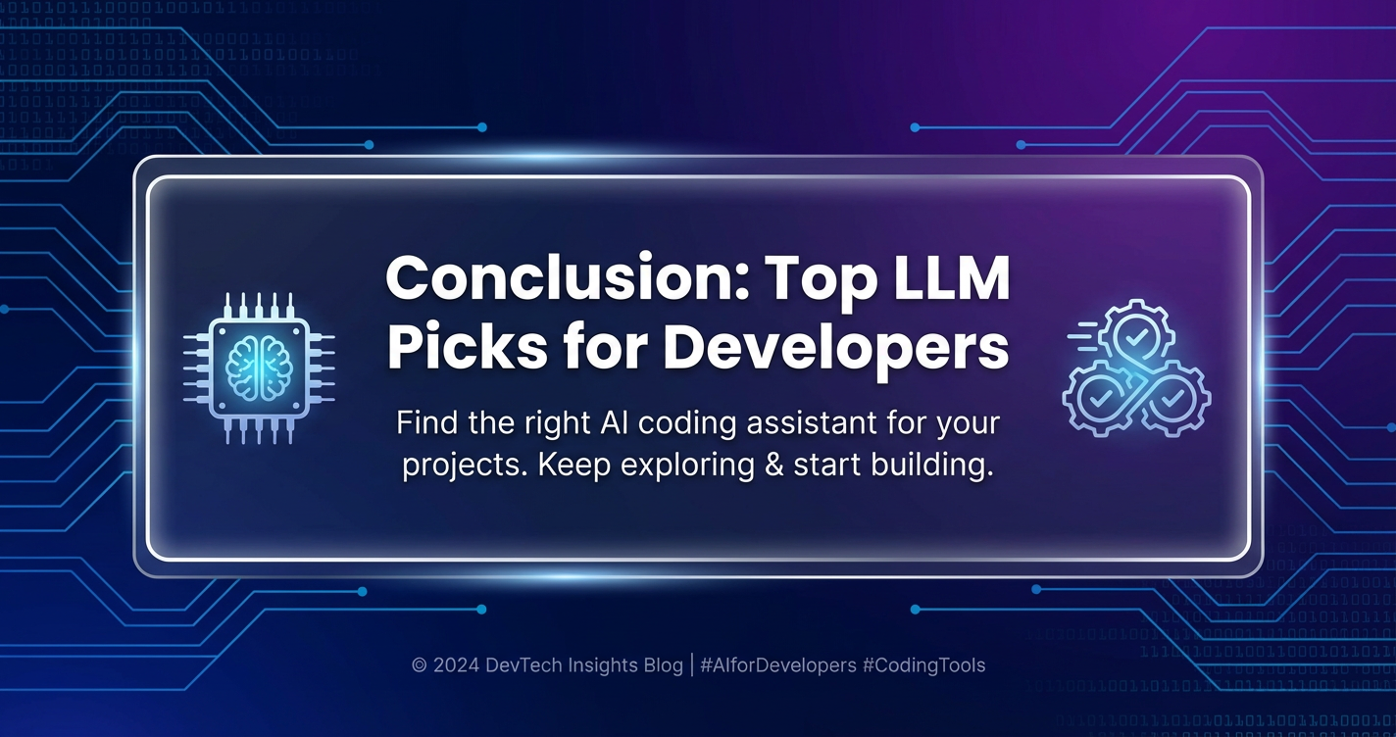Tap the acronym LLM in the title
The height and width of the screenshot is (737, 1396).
coord(951,278)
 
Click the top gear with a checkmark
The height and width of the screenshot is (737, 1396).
coord(1136,337)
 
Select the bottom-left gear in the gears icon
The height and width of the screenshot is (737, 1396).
coord(1099,397)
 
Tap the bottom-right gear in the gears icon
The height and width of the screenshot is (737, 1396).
coord(1172,397)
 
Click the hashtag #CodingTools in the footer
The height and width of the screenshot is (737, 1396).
coord(924,665)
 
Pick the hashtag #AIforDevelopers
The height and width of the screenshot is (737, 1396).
coord(778,665)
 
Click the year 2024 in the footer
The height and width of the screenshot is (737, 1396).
coord(456,665)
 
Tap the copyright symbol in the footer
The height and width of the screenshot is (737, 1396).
coord(419,665)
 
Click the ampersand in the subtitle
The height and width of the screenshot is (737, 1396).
coord(773,465)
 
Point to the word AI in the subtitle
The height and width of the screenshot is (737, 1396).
coord(614,423)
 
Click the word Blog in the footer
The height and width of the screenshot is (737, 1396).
coord(663,665)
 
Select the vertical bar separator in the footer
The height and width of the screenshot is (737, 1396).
coord(692,665)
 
